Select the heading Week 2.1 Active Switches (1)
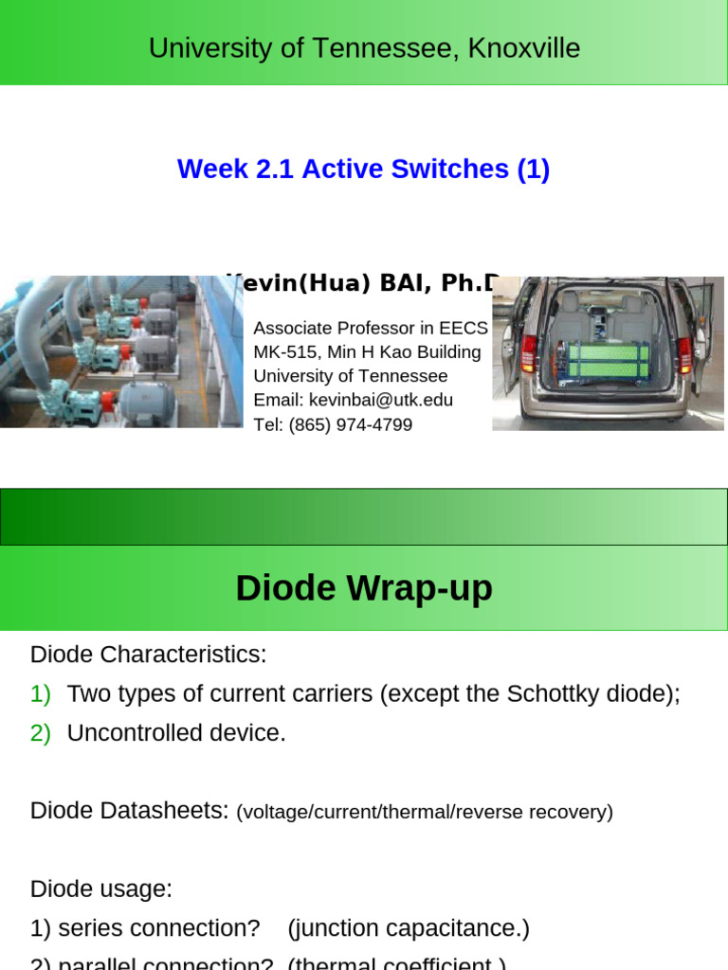tap(363, 170)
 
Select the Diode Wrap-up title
tap(364, 588)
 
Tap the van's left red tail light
tap(529, 352)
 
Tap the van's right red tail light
tap(684, 354)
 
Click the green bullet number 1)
tap(41, 694)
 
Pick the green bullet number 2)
tap(41, 733)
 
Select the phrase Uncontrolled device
tap(176, 733)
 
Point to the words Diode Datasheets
tap(129, 811)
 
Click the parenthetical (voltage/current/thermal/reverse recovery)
tap(425, 812)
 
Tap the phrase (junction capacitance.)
tap(409, 928)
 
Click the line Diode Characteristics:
tap(149, 655)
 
